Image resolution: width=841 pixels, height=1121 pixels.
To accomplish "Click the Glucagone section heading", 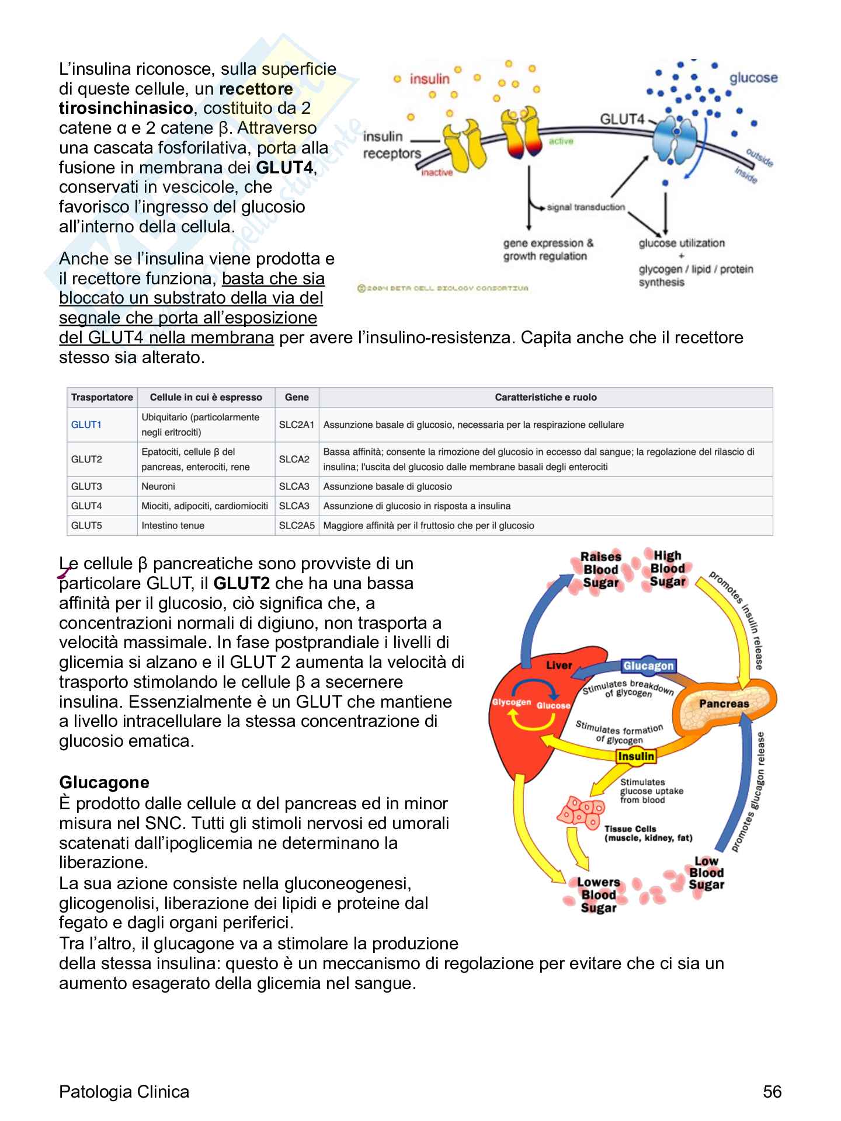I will (x=104, y=782).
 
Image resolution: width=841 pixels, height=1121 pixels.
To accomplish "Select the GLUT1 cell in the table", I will (x=86, y=424).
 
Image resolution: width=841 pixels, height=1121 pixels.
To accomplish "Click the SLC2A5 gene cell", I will (x=297, y=525).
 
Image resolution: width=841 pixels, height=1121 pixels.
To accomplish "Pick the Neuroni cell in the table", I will (x=158, y=486).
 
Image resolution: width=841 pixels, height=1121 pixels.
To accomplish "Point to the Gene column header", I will (x=297, y=397).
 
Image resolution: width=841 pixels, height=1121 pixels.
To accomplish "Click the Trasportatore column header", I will (x=102, y=397).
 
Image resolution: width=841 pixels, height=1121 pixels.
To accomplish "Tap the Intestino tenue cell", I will (x=173, y=525).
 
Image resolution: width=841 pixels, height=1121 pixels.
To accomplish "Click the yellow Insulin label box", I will (x=636, y=756).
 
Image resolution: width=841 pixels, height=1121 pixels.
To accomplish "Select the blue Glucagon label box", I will (x=648, y=666).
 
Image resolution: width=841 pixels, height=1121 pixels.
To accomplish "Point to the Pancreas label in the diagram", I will (x=724, y=704).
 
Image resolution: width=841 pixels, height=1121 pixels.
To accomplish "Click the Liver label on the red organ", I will (x=559, y=665).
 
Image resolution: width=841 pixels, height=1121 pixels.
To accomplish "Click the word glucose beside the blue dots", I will (x=753, y=78).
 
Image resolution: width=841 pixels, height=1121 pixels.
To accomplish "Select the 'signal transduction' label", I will (x=586, y=207).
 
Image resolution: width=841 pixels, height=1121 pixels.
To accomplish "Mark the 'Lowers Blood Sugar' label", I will (x=599, y=894).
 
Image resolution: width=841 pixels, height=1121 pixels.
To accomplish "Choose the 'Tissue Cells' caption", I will (x=631, y=829).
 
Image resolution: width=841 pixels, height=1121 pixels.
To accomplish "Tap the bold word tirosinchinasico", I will (x=126, y=109).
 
